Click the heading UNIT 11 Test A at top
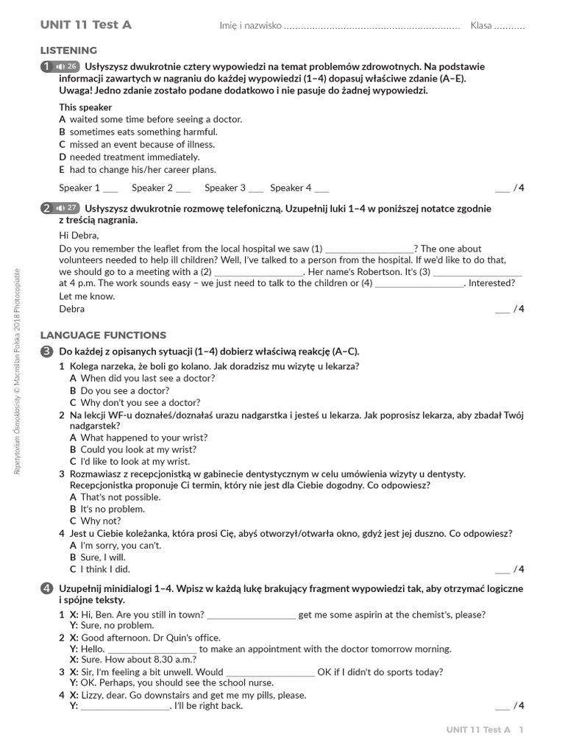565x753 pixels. coord(86,25)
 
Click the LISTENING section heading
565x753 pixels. coord(68,50)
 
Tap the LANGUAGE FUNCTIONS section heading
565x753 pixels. coord(103,335)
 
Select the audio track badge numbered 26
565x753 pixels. coord(66,67)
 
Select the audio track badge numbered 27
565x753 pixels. coord(66,208)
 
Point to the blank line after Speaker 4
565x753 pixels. coord(321,189)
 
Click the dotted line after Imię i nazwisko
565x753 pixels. coord(372,26)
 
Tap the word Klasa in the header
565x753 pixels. coord(481,26)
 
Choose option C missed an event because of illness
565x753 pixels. coord(137,144)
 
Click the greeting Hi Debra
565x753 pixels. coord(78,235)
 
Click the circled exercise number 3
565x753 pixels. coord(47,351)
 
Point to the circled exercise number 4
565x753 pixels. coord(47,589)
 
